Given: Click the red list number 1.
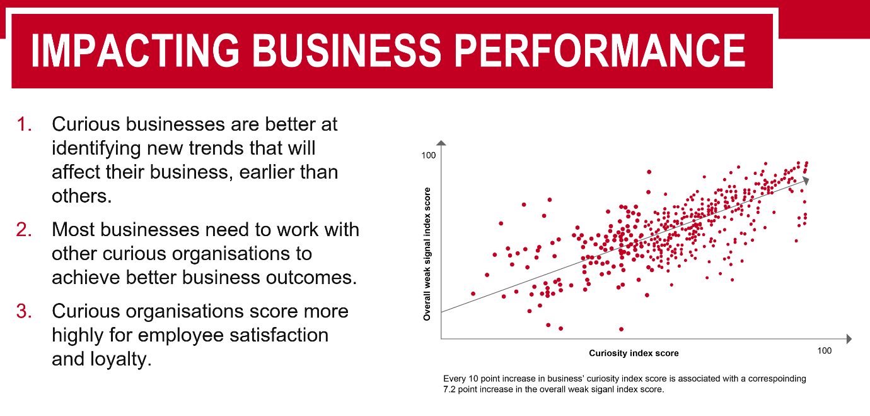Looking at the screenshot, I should (x=25, y=124).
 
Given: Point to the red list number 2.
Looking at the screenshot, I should (x=25, y=230).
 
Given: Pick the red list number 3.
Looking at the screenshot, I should (x=25, y=312).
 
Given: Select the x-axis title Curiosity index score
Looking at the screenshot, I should (x=634, y=353).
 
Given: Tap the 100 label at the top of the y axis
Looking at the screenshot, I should (x=429, y=155).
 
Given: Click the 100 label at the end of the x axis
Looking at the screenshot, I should (x=824, y=351).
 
